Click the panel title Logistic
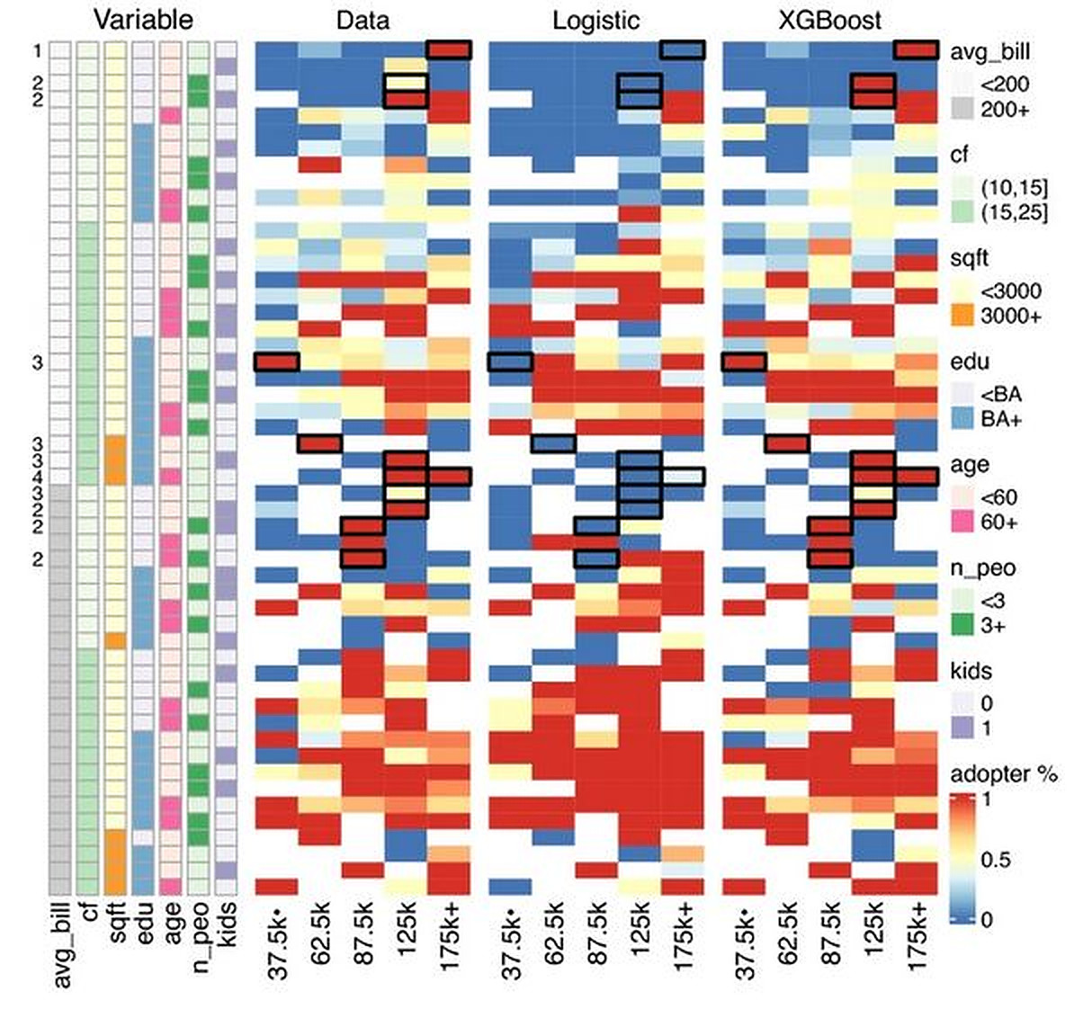595,20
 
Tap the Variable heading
144,20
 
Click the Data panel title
363,20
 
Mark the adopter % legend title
1004,774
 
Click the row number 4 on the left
37,477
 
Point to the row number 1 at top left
37,51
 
